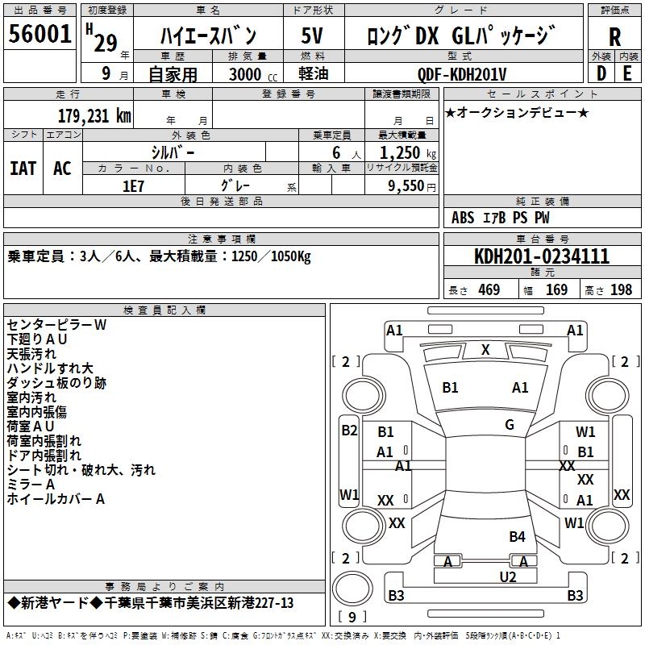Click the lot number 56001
pyautogui.click(x=40, y=35)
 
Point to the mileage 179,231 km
pyautogui.click(x=94, y=115)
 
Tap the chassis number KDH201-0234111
pyautogui.click(x=542, y=257)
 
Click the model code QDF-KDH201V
pyautogui.click(x=462, y=75)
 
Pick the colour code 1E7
pyautogui.click(x=133, y=186)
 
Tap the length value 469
pyautogui.click(x=489, y=289)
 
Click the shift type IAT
pyautogui.click(x=23, y=168)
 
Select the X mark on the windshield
pyautogui.click(x=485, y=350)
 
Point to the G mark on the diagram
pyautogui.click(x=510, y=425)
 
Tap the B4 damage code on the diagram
pyautogui.click(x=517, y=536)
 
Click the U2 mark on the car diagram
pyautogui.click(x=507, y=576)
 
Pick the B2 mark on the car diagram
pyautogui.click(x=348, y=431)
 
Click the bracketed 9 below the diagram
pyautogui.click(x=352, y=617)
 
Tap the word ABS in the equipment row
pyautogui.click(x=463, y=218)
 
